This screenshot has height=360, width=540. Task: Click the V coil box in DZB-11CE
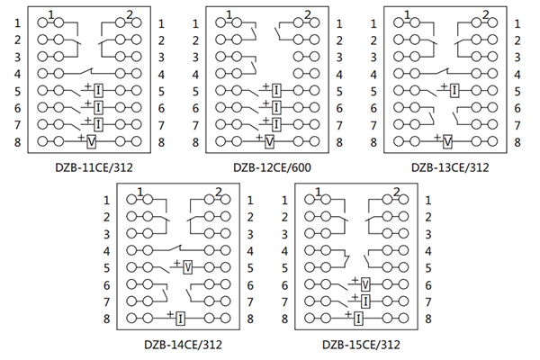tap(92, 141)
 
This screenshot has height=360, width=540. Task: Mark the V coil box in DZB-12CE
tap(270, 141)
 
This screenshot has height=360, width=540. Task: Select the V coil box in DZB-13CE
tap(447, 141)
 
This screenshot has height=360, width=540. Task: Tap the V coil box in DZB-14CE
tap(187, 267)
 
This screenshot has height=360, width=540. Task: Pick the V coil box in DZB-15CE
tap(365, 284)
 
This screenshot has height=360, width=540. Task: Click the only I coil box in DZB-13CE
tap(454, 90)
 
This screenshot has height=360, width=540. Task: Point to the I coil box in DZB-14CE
tap(180, 318)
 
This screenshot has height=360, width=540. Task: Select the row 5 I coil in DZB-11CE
tap(98, 90)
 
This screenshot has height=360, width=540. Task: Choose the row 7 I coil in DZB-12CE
tap(276, 124)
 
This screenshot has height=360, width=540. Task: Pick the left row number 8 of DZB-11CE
tap(16, 141)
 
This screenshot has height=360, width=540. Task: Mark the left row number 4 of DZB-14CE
tap(107, 250)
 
